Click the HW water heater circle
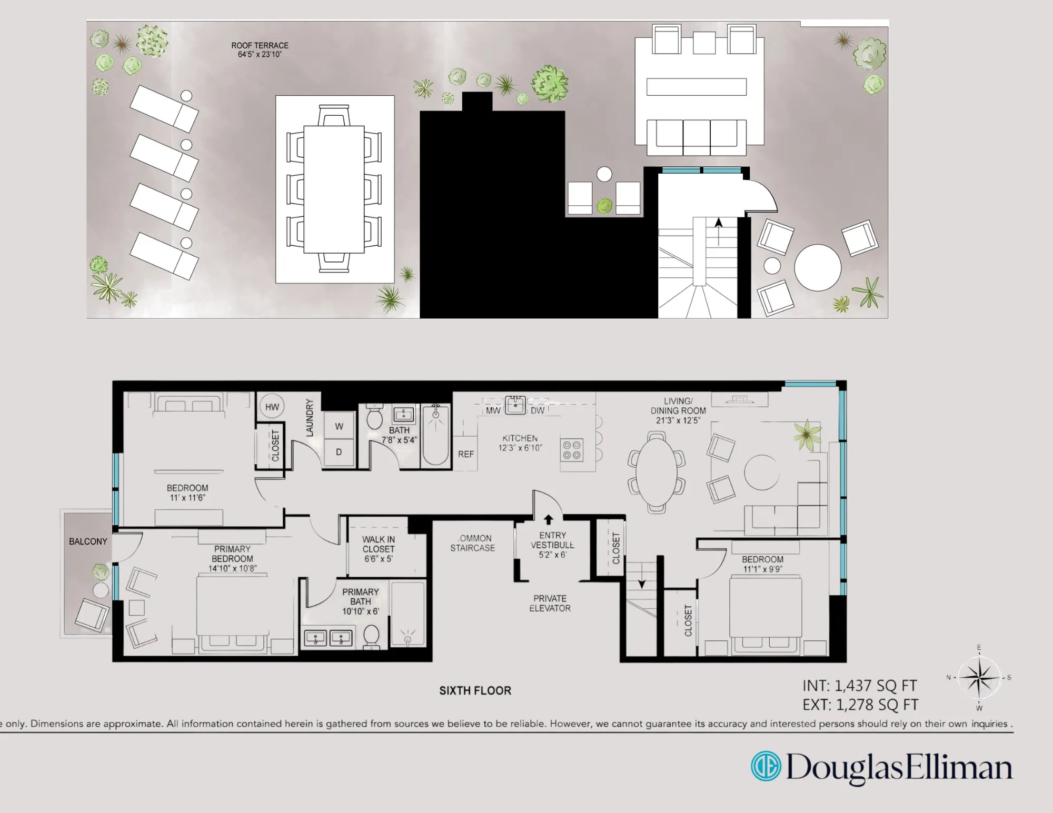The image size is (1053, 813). click(272, 407)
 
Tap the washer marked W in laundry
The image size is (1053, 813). click(339, 426)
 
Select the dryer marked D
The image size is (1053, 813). click(339, 452)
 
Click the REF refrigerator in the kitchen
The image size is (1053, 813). click(465, 454)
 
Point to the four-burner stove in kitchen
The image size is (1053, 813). click(572, 450)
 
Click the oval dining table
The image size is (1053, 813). click(656, 471)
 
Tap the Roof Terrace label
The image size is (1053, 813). click(260, 49)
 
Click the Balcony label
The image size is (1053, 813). click(88, 541)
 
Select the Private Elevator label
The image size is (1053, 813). click(550, 603)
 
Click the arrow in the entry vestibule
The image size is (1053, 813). click(548, 519)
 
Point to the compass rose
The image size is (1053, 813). click(978, 678)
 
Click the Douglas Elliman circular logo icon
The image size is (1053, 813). click(766, 766)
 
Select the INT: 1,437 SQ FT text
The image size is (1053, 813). click(859, 686)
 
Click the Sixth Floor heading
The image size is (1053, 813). click(475, 690)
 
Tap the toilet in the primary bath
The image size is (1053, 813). click(372, 637)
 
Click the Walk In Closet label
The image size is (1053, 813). click(378, 549)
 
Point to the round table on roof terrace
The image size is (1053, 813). click(817, 267)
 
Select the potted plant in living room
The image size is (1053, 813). click(807, 434)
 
